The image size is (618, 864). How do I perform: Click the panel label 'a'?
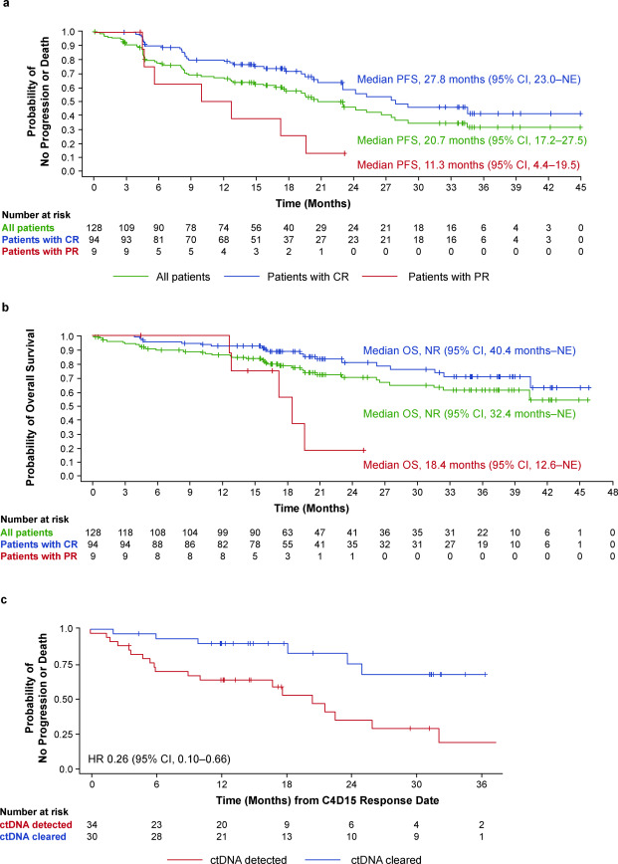pyautogui.click(x=7, y=6)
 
